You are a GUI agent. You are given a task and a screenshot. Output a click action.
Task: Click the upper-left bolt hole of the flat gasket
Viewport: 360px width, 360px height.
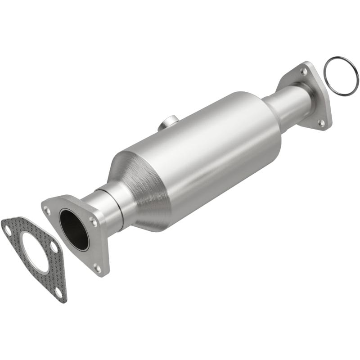point(7,229)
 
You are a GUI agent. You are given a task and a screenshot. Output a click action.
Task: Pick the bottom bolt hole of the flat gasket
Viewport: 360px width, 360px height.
point(58,292)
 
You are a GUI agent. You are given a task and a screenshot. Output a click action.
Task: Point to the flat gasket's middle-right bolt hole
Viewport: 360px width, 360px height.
point(54,247)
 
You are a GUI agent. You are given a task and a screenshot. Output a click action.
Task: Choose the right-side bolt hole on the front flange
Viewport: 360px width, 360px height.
point(93,220)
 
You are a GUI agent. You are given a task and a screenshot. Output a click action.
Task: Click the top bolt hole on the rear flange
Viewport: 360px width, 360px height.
point(304,71)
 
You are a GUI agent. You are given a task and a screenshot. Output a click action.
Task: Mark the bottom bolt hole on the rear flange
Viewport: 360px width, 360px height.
point(321,122)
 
